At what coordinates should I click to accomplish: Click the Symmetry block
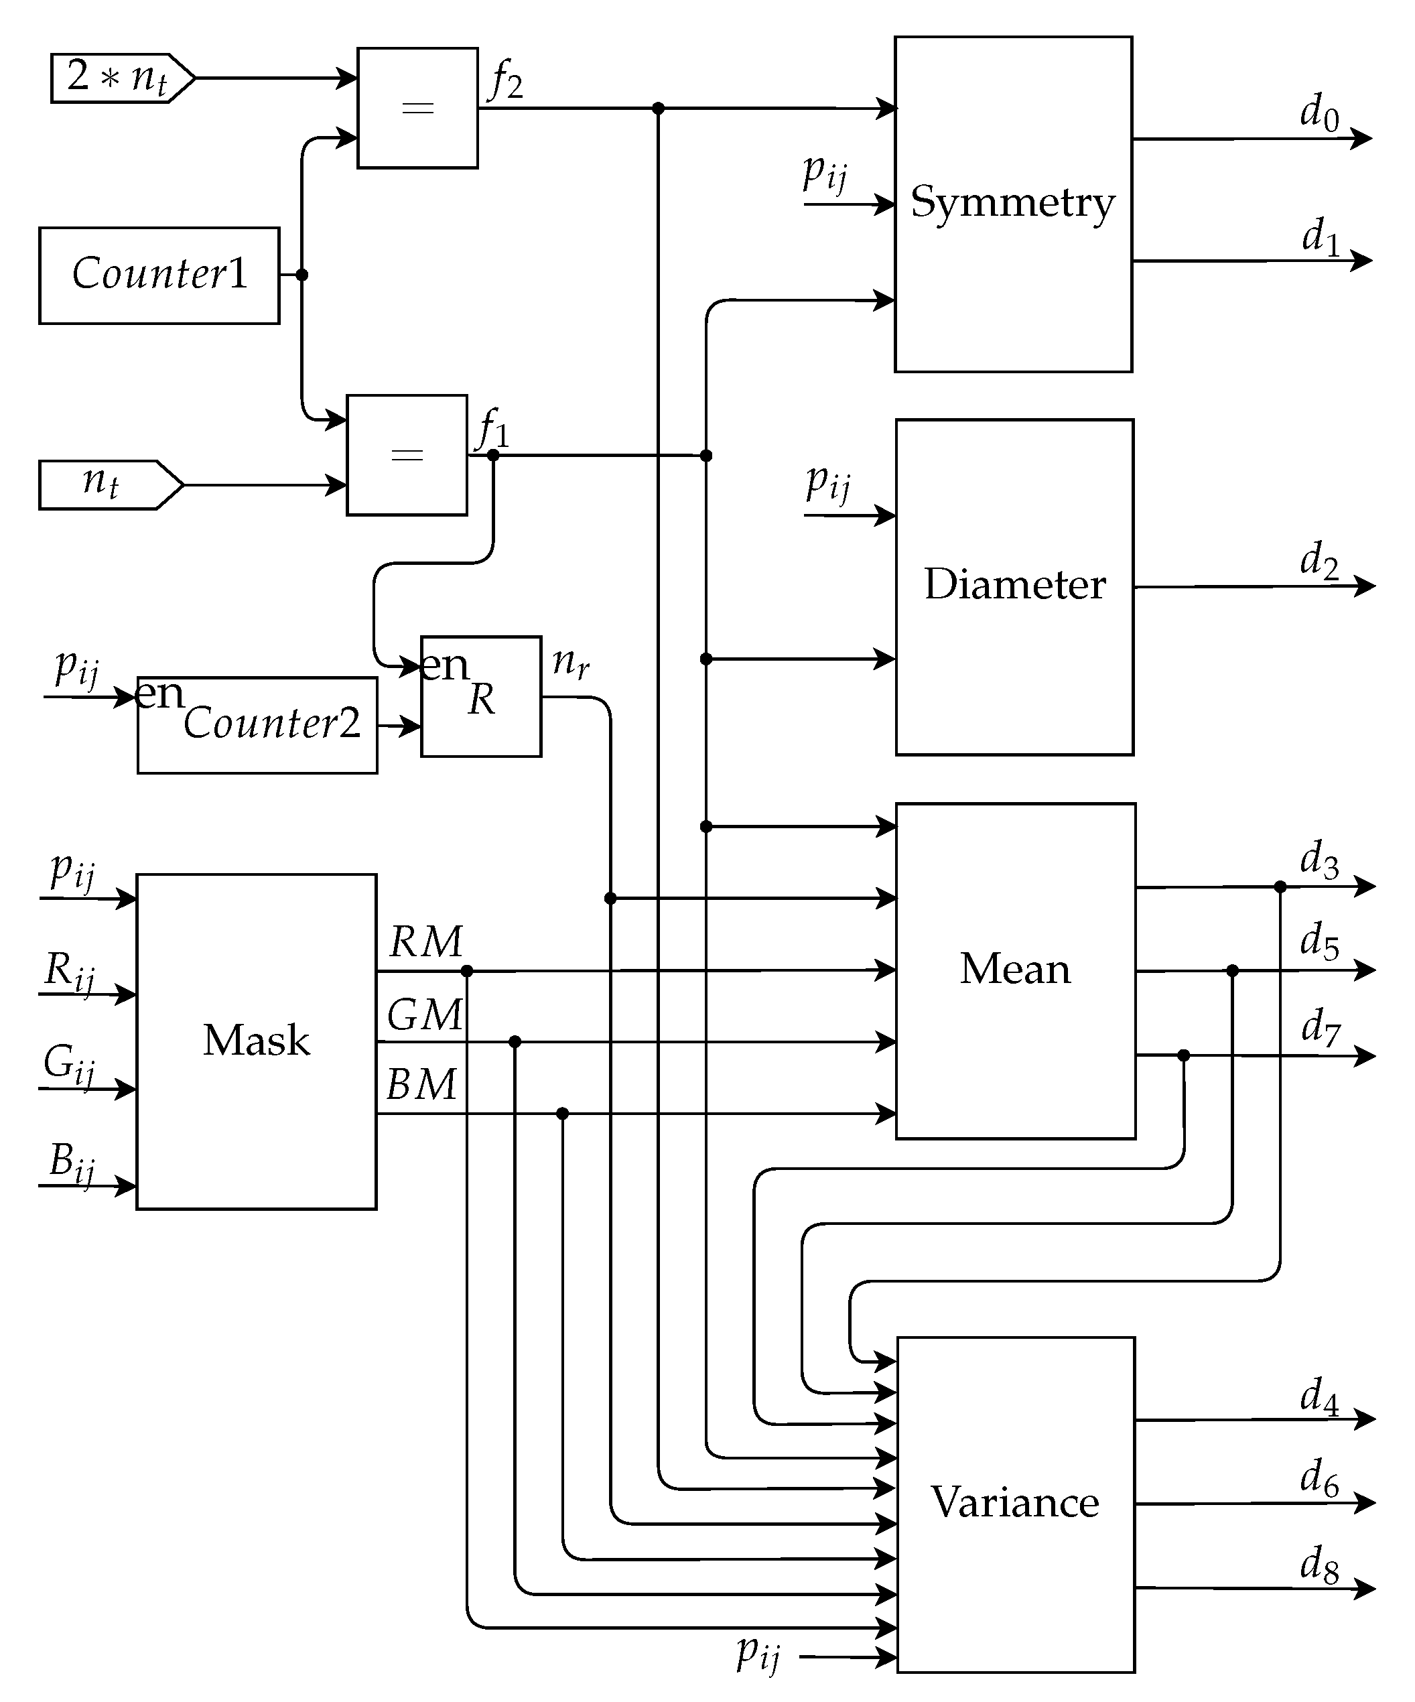pos(1012,204)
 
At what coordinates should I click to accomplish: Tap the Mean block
pos(1014,970)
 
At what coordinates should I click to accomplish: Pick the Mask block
pos(256,1041)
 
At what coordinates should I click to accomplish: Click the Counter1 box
pos(159,275)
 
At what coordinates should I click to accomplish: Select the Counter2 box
pos(257,724)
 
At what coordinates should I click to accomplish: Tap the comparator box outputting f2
pos(417,108)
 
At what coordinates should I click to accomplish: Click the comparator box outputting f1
pos(407,455)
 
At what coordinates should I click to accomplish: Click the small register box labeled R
pos(480,696)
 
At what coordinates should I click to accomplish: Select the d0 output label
pos(1319,112)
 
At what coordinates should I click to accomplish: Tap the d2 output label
pos(1319,561)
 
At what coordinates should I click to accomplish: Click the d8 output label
pos(1319,1563)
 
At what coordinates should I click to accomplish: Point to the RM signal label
pos(425,941)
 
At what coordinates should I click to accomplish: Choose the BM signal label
pos(422,1084)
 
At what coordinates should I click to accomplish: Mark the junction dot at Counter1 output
pos(301,275)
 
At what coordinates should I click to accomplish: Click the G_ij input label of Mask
pos(69,1064)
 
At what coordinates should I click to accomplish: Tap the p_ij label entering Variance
pos(758,1652)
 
